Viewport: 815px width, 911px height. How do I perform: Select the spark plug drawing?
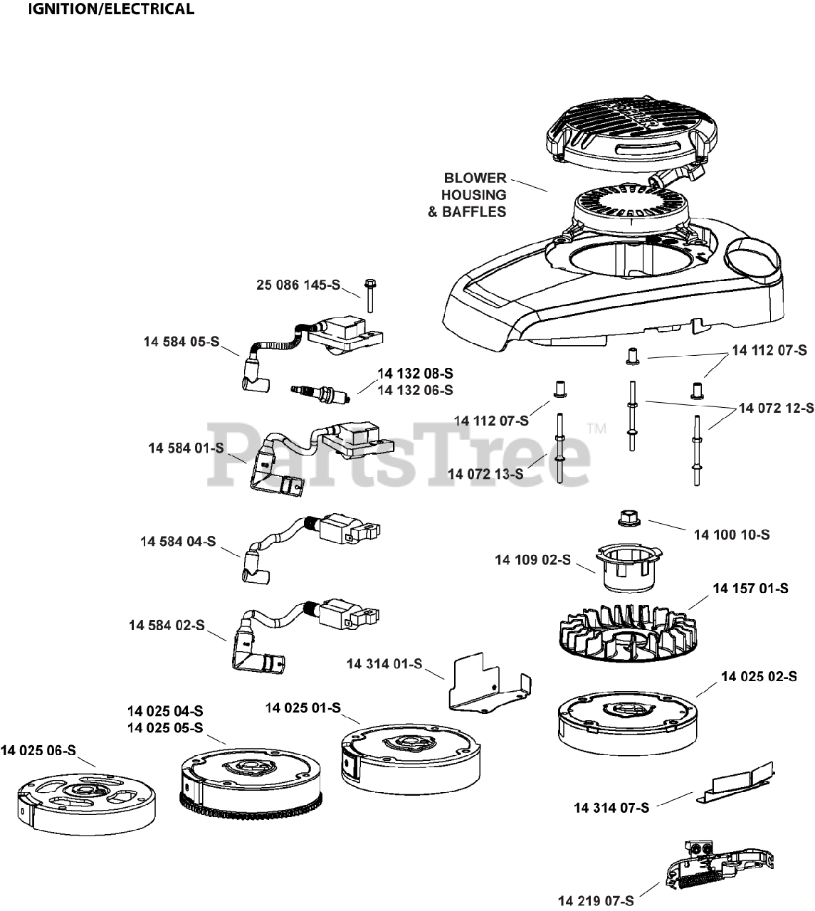(320, 390)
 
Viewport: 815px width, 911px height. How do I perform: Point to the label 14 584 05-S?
(181, 342)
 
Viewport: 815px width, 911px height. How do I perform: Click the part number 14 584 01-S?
(186, 448)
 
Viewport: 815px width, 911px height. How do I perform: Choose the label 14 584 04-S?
(178, 542)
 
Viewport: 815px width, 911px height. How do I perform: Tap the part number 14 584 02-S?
(167, 625)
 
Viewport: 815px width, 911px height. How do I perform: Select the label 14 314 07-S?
(611, 807)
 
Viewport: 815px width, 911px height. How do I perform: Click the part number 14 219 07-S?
(596, 901)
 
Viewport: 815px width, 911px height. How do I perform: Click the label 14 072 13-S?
(485, 473)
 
